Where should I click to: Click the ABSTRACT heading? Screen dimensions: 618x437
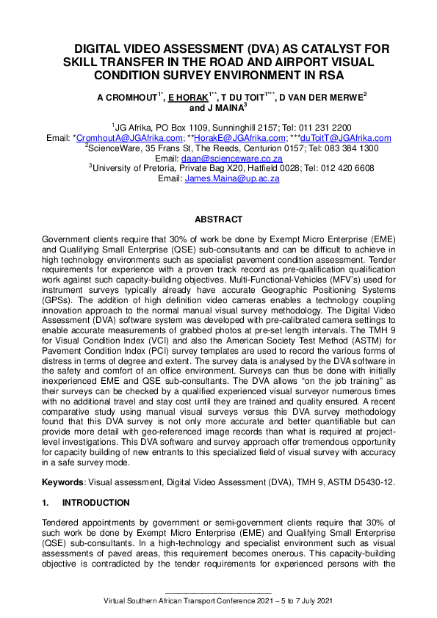click(x=218, y=219)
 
